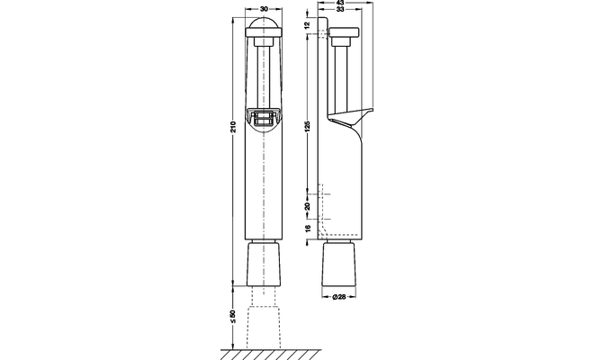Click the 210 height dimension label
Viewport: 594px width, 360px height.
tap(233, 127)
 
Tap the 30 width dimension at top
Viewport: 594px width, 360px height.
tap(264, 9)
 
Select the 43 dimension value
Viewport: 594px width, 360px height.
tap(340, 3)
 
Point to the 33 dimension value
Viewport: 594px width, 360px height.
tap(340, 10)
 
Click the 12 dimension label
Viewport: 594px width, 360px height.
tap(307, 25)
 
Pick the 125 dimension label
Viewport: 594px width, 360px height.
tap(307, 127)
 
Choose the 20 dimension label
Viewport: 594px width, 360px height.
tap(307, 206)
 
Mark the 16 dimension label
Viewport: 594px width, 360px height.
tap(307, 228)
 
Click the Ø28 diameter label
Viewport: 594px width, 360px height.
tap(339, 297)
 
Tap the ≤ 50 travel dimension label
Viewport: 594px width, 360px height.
tap(233, 317)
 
